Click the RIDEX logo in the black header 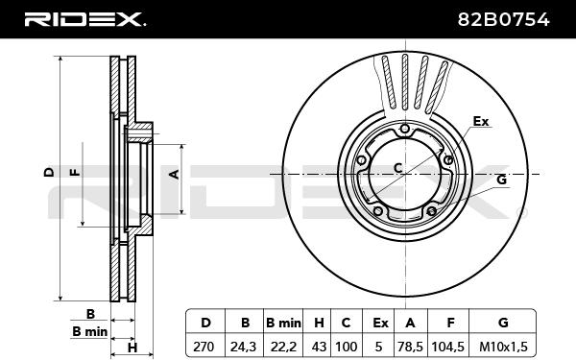84,19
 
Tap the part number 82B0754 503,19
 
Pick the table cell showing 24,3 243,346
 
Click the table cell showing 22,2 283,346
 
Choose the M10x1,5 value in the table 503,346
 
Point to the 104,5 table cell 448,346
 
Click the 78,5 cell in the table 410,346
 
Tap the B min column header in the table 283,323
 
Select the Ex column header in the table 380,323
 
